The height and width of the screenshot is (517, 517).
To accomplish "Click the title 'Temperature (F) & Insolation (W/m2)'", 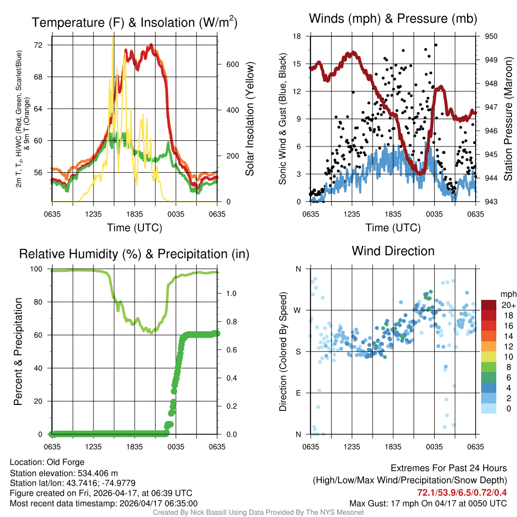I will [134, 23].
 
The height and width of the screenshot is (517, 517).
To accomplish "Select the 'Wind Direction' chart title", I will [393, 251].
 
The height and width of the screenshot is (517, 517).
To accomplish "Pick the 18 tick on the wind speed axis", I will [297, 36].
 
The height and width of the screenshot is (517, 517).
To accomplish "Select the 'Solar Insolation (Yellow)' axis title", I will [250, 119].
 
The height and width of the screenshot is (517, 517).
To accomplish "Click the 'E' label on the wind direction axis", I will [298, 393].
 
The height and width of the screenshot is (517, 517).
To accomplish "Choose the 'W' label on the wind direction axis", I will [297, 310].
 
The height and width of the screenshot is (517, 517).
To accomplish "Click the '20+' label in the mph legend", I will [508, 305].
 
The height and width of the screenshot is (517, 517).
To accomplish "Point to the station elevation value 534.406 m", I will [97, 473].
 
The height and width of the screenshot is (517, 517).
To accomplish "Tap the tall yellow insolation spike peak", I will [113, 38].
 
